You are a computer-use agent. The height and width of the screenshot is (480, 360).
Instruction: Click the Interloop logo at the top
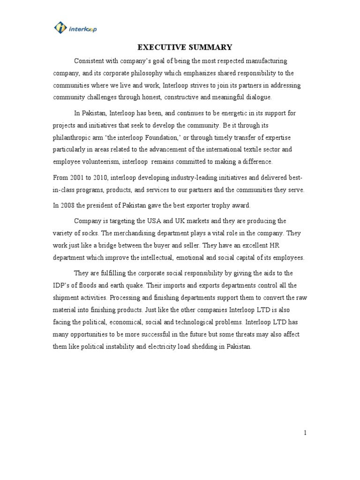pos(75,29)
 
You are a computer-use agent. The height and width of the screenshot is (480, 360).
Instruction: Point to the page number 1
pos(305,433)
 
